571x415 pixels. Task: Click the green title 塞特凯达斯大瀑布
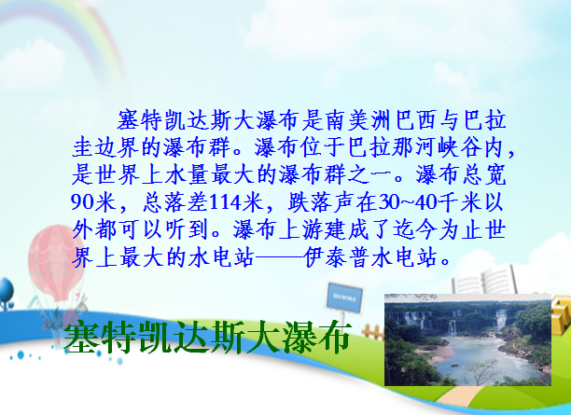click(207, 337)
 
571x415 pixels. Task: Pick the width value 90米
click(93, 202)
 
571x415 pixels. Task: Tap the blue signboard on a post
click(343, 297)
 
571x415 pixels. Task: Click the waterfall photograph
click(468, 339)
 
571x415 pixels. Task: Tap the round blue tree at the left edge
click(7, 291)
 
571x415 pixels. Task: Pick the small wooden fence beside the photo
click(373, 332)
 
